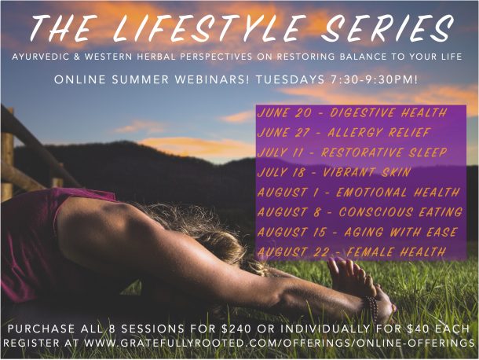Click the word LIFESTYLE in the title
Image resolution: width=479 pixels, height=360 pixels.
208,28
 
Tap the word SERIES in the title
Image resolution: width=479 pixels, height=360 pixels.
387,28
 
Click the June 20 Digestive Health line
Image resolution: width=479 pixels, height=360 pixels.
352,113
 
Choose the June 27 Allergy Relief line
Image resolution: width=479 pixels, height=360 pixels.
344,133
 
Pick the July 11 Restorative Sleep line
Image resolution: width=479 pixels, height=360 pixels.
353,152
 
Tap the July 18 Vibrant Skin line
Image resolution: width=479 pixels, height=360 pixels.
334,172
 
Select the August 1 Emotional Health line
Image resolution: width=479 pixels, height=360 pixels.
359,193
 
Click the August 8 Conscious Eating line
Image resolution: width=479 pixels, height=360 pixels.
360,212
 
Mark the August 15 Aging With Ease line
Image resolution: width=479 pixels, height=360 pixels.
357,232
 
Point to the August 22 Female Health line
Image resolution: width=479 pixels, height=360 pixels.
351,252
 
